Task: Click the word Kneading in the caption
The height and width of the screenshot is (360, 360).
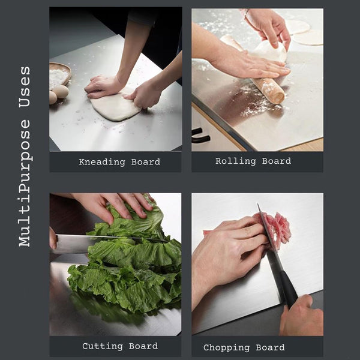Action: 102,163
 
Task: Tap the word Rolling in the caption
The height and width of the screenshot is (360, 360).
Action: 236,161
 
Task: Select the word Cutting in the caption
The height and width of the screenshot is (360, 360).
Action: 103,346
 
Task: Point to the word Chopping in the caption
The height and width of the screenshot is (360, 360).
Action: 226,348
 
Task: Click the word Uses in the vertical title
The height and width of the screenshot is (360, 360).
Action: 25,87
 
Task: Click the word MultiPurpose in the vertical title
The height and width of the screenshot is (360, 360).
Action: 25,183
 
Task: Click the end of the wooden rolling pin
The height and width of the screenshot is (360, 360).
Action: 278,98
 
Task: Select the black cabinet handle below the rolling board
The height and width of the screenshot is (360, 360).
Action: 201,136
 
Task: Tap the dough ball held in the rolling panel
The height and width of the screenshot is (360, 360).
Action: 271,52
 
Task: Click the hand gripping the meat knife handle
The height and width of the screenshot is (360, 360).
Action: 302,316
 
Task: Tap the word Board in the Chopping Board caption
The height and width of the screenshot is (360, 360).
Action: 270,347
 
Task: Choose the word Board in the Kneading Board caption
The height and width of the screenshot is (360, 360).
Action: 146,162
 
